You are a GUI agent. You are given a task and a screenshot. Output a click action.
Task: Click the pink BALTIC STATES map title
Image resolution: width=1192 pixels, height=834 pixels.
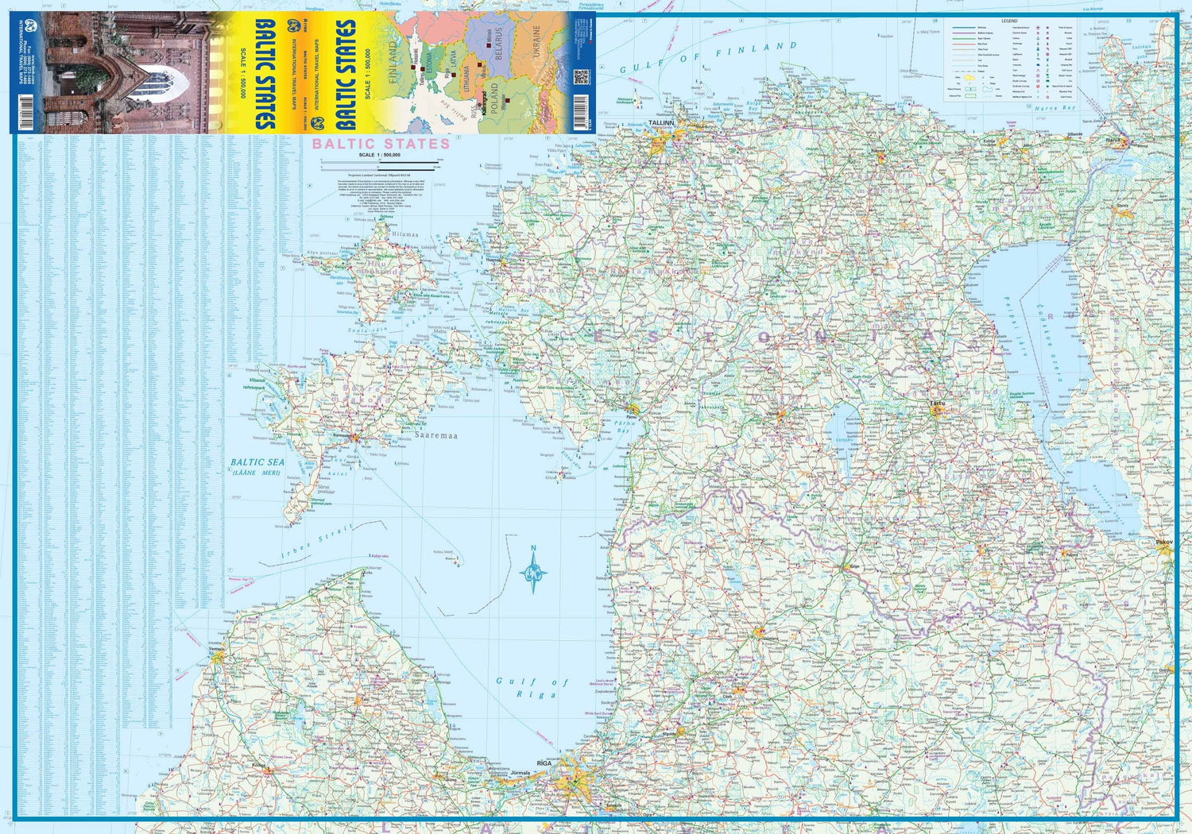[x=381, y=144]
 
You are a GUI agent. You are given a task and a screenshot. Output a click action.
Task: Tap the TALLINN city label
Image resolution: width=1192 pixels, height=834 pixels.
[x=660, y=124]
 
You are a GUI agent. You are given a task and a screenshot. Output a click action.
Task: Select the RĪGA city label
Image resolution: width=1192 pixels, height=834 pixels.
[x=544, y=763]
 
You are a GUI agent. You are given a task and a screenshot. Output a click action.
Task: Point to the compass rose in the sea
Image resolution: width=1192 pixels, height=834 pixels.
[x=533, y=570]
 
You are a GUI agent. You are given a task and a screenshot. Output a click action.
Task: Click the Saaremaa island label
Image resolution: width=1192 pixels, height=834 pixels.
[x=435, y=435]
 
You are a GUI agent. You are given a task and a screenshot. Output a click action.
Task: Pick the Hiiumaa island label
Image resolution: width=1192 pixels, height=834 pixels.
[x=404, y=235]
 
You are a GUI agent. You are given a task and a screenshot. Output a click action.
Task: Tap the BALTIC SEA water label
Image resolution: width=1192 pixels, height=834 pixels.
[x=257, y=461]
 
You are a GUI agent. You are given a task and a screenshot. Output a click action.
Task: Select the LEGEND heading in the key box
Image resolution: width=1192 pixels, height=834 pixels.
[x=1008, y=21]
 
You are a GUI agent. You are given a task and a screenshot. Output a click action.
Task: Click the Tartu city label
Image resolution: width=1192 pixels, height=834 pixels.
[x=938, y=403]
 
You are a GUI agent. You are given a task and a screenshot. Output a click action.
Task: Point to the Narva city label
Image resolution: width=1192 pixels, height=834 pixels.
[x=1112, y=141]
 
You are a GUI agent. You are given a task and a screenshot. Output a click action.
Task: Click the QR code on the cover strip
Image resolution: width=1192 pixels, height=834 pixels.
[x=581, y=77]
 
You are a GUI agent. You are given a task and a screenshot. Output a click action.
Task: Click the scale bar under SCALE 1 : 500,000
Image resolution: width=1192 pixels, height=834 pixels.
[x=379, y=164]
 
